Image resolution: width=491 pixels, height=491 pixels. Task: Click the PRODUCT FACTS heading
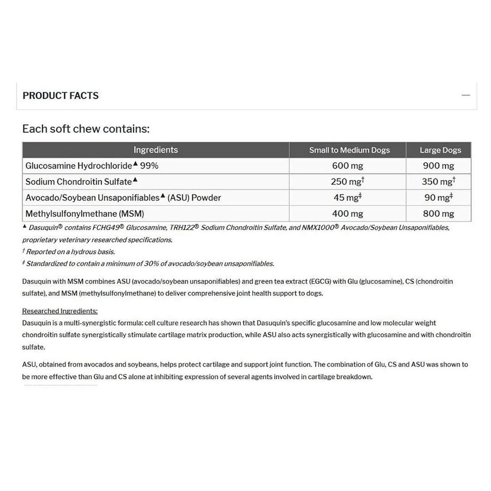(60, 95)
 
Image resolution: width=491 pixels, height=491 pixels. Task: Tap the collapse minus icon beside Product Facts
(466, 95)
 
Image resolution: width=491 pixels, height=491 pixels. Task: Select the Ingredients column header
(155, 150)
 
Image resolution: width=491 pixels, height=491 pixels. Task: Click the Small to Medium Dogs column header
(349, 150)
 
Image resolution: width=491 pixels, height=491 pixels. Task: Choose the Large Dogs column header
(440, 150)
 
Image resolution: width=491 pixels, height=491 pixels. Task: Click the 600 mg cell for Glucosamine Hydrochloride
(347, 166)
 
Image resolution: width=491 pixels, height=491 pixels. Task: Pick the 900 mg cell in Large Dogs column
(439, 166)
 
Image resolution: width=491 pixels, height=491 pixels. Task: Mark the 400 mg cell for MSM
(347, 214)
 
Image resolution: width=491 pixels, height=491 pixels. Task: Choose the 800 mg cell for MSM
(439, 214)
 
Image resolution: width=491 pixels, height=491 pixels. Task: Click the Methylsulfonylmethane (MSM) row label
(85, 214)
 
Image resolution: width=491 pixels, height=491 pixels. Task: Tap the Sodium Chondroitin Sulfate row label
(79, 182)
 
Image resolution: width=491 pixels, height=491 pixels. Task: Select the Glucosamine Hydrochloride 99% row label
(91, 166)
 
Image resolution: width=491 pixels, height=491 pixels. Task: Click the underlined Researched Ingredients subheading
(60, 311)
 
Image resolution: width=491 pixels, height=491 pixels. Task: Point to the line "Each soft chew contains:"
(86, 129)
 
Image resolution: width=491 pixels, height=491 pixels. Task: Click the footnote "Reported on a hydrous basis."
(70, 252)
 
